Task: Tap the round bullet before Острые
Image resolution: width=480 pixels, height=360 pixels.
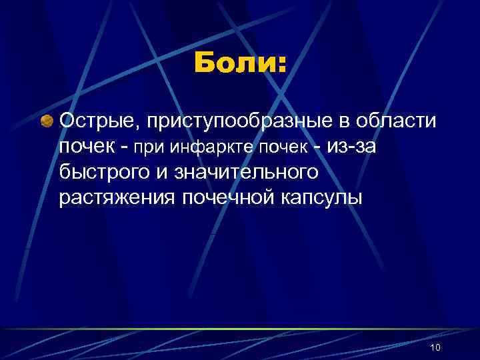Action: (47, 121)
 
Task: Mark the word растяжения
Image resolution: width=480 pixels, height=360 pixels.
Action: (117, 197)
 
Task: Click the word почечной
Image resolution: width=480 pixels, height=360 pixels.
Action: (225, 197)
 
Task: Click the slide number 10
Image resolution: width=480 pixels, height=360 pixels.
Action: (436, 347)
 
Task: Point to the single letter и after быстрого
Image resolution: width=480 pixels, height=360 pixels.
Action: (167, 172)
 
